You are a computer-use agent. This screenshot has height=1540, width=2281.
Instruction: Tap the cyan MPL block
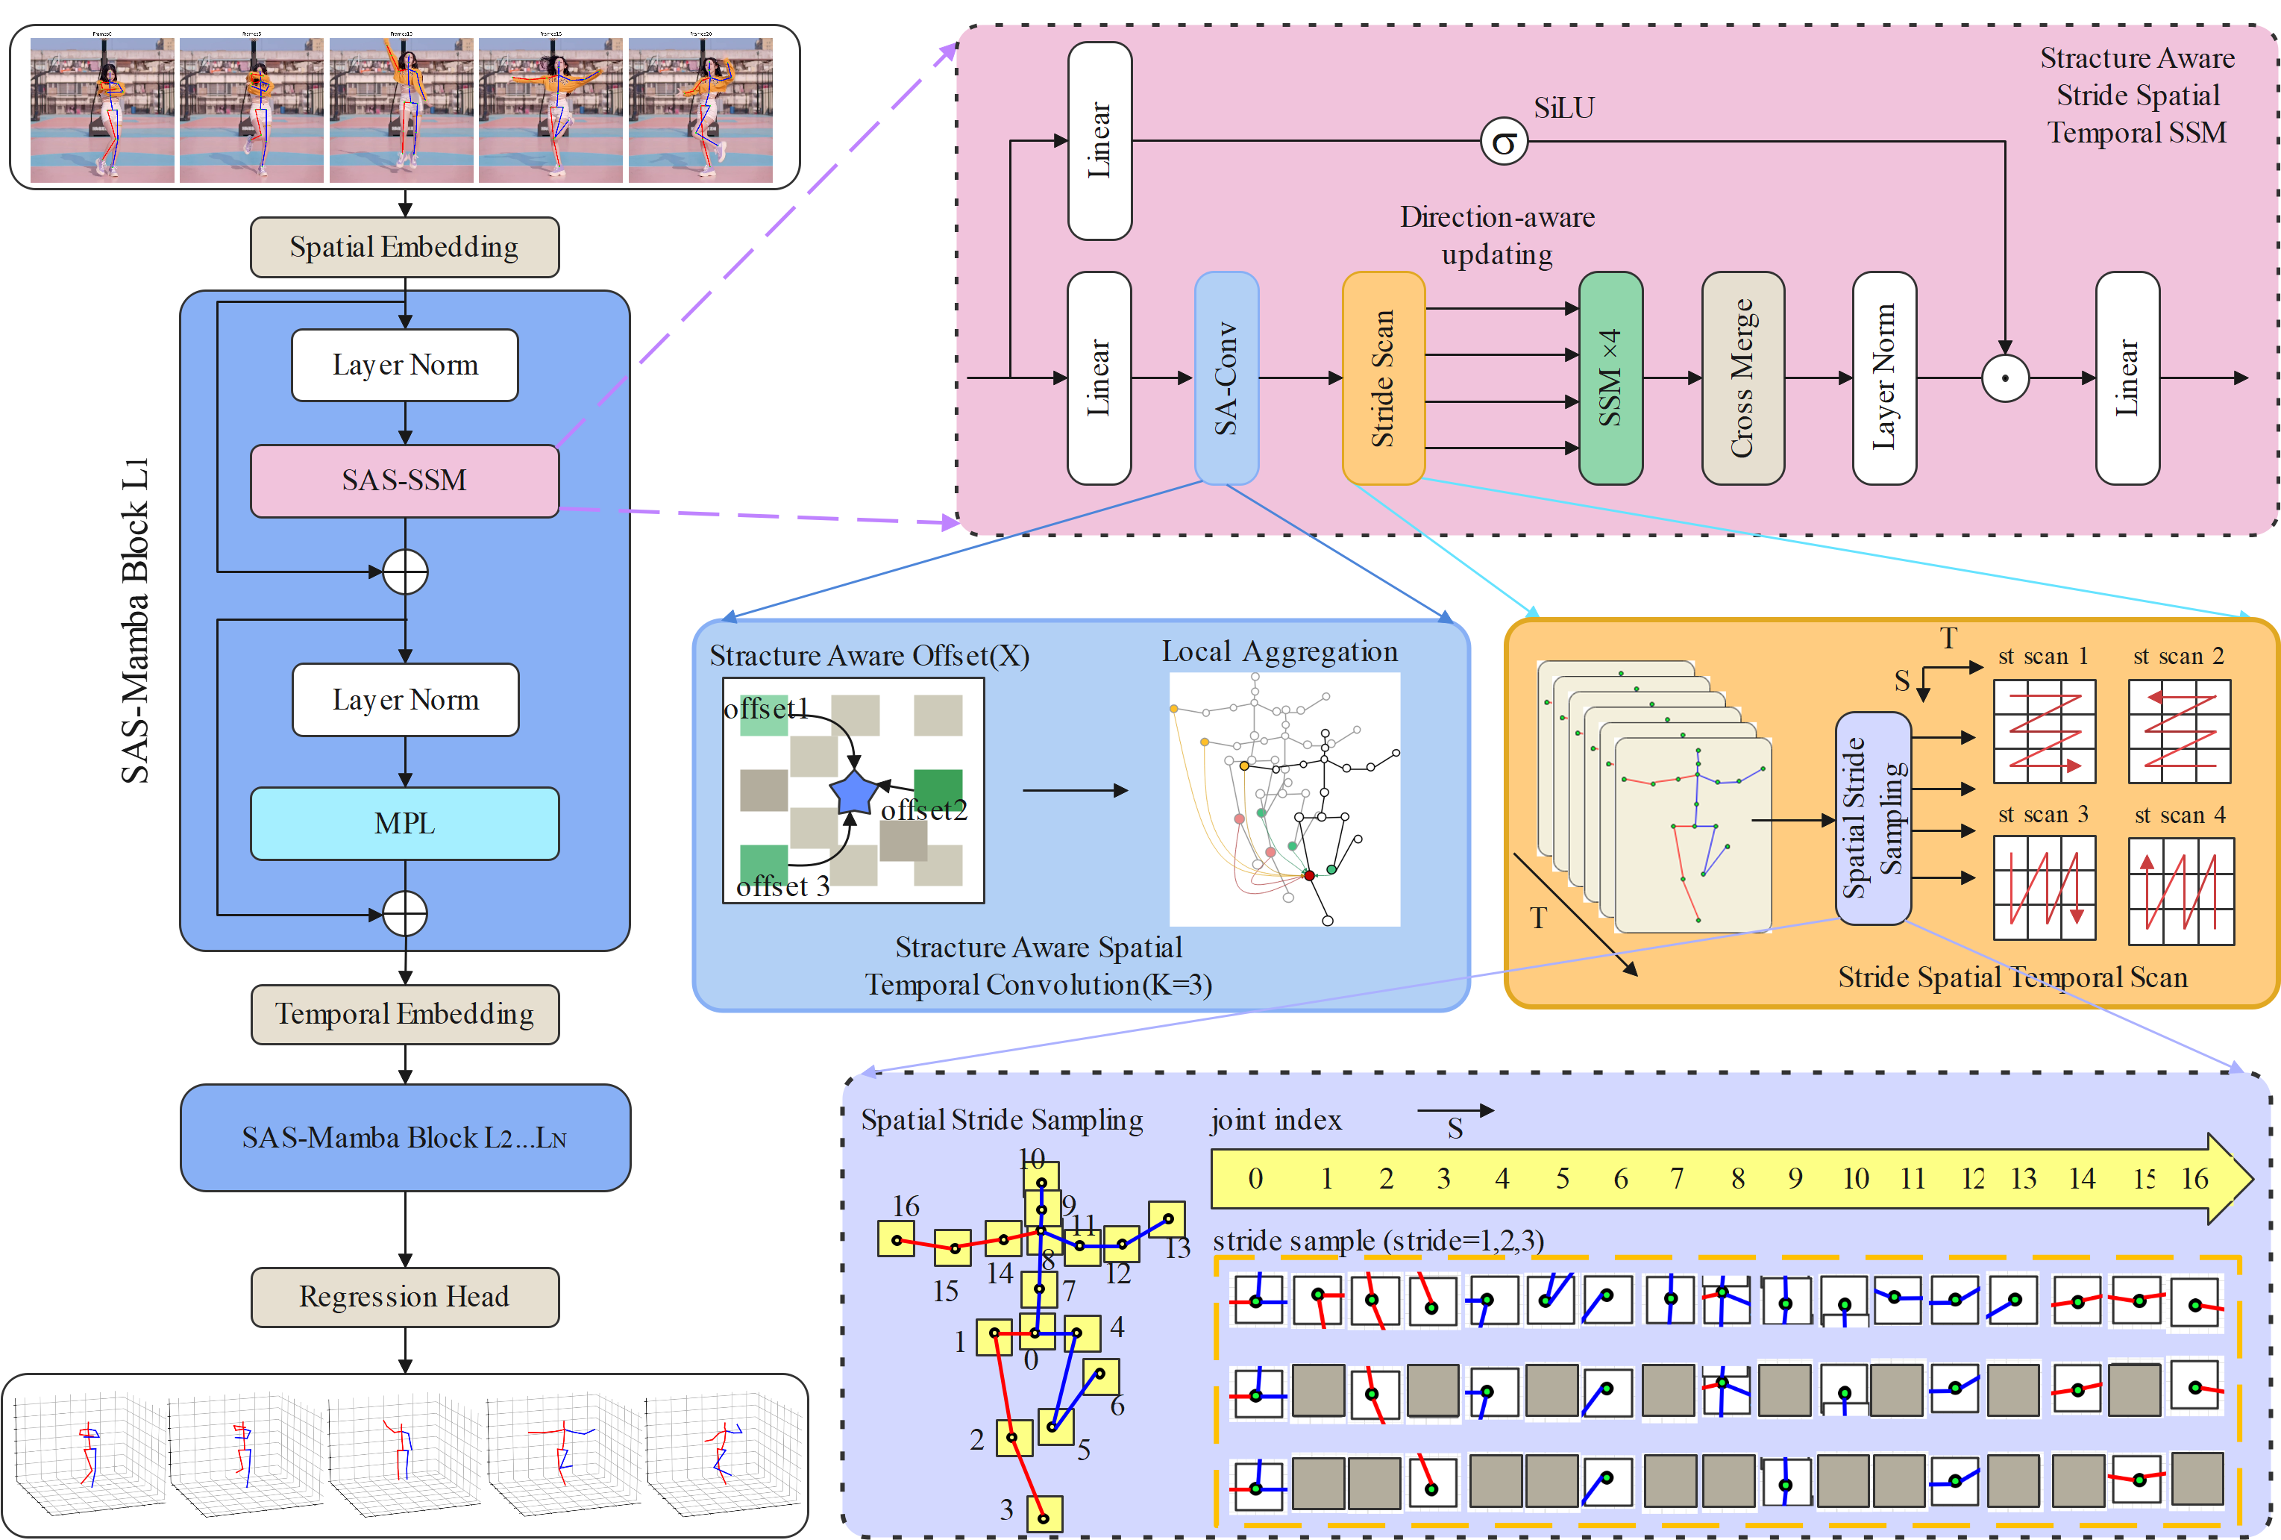(404, 824)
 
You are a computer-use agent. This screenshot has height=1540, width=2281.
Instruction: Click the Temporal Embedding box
(404, 1014)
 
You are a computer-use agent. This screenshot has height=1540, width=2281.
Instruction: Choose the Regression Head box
(404, 1297)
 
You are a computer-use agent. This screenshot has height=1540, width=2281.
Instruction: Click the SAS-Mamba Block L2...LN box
(404, 1138)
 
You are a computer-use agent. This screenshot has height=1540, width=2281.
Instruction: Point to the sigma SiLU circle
(1503, 143)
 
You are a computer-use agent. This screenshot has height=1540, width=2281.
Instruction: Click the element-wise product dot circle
(2004, 378)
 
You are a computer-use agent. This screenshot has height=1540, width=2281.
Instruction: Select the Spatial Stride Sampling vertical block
(1871, 818)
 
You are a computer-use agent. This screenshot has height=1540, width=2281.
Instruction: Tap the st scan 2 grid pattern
(2179, 731)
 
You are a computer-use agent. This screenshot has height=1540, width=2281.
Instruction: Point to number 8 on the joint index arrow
(1737, 1178)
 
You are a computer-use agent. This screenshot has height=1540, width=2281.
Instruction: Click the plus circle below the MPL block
(404, 914)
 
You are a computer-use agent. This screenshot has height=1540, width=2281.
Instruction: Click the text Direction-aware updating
(1497, 236)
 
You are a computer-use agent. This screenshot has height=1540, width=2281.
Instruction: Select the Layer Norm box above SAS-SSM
(404, 365)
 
